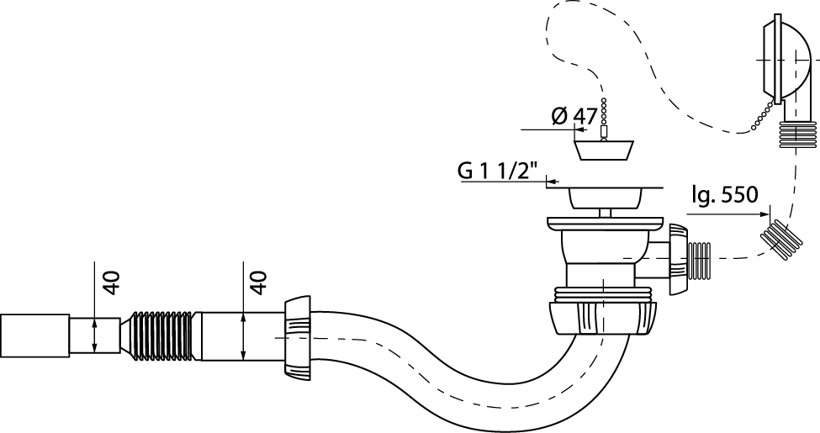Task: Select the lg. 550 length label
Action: click(x=724, y=194)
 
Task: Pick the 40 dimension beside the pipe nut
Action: click(x=258, y=282)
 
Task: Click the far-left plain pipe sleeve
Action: click(x=34, y=335)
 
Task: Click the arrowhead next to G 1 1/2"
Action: click(x=552, y=180)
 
